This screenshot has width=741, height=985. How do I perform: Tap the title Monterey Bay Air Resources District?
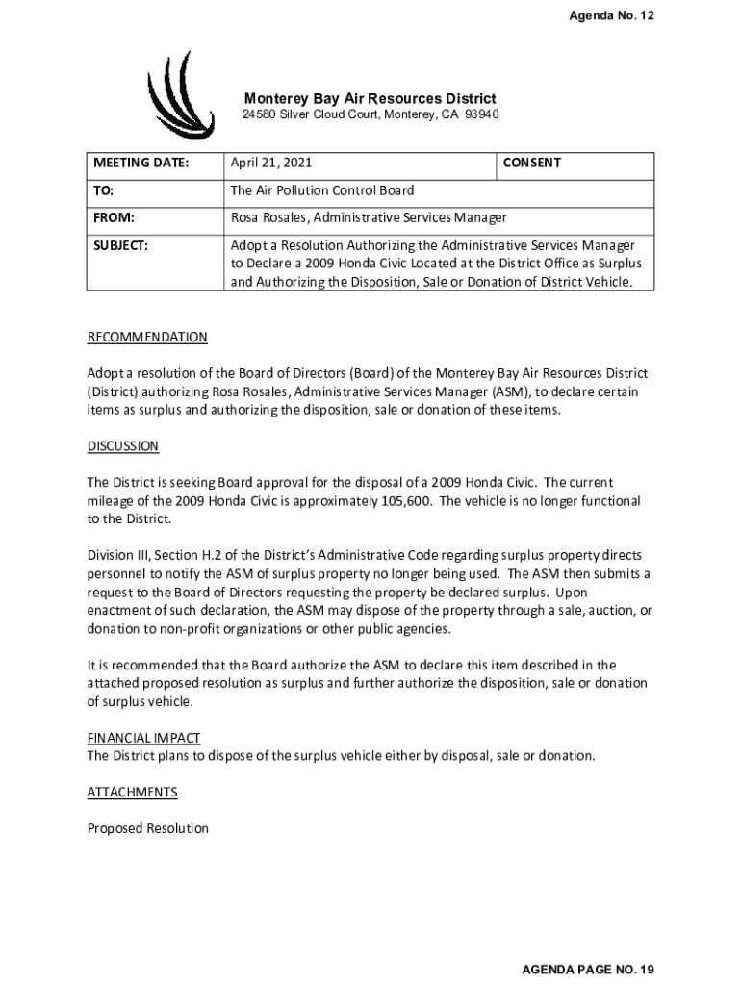370,98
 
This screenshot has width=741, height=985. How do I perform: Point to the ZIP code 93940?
481,115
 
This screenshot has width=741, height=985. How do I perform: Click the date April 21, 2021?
270,164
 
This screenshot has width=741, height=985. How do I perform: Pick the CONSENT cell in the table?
531,164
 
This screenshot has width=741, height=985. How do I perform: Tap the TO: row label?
104,190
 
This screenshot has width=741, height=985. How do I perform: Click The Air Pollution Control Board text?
321,190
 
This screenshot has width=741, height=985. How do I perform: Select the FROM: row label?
114,217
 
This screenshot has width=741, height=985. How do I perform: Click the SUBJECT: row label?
120,245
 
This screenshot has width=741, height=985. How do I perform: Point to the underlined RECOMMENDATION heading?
147,338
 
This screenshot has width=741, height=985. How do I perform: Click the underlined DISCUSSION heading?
123,446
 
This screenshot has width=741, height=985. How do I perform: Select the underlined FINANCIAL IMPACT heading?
143,738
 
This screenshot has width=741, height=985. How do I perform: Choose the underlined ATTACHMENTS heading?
133,793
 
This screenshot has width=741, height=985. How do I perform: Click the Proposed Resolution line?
147,828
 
